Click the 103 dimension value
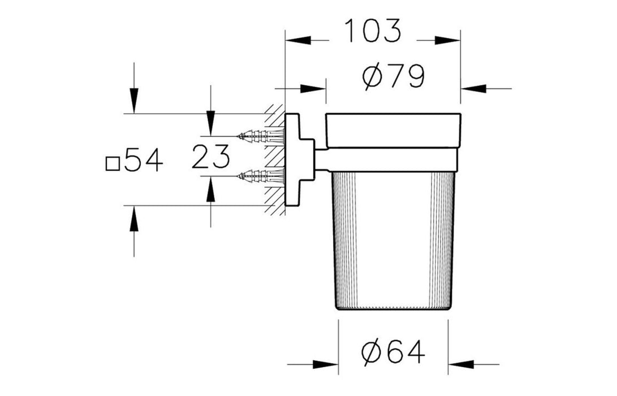click(373, 31)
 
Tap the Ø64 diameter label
click(393, 352)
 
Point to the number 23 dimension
click(210, 157)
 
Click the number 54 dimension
click(143, 160)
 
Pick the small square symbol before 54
click(113, 163)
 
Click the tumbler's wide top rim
click(393, 131)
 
